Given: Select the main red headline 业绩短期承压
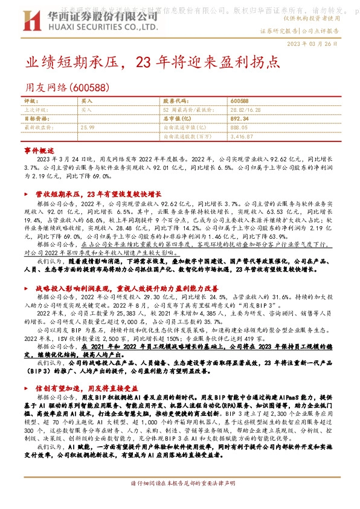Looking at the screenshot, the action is point(72,62).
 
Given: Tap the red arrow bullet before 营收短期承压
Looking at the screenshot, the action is point(26,195).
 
